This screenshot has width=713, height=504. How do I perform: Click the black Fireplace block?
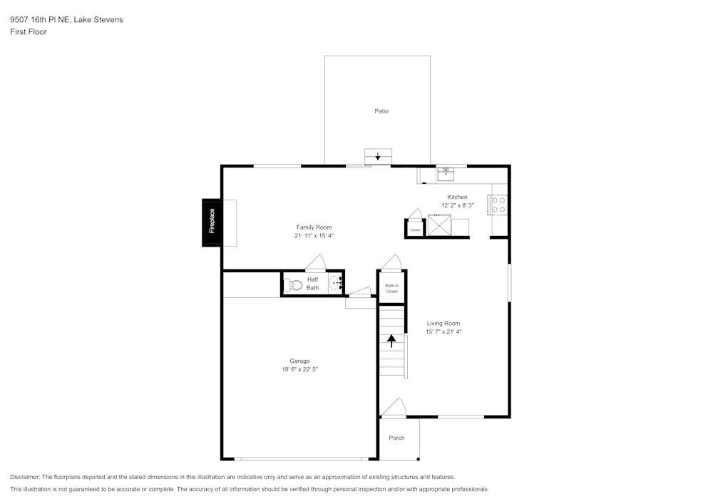tap(212, 222)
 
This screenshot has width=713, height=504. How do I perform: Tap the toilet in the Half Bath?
tap(293, 285)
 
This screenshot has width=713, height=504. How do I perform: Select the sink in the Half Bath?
tap(334, 283)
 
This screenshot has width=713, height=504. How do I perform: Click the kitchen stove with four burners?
tap(498, 205)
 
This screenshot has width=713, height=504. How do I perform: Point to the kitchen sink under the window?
tap(446, 174)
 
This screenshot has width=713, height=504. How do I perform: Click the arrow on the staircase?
tap(391, 341)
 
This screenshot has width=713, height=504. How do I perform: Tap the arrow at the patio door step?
tap(378, 156)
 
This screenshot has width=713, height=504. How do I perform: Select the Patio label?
tap(381, 111)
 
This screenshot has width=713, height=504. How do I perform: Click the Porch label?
tap(396, 438)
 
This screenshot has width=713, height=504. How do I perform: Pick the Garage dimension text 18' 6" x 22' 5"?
tap(299, 369)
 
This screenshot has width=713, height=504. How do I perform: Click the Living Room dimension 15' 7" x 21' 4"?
tap(443, 331)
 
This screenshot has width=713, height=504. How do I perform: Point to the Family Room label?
tap(314, 227)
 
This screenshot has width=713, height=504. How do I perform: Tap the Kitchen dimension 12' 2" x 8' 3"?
tap(458, 205)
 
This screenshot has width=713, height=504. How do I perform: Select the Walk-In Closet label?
tap(391, 289)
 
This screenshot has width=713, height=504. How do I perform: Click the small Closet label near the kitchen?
tap(415, 230)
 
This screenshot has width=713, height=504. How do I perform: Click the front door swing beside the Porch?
tap(394, 407)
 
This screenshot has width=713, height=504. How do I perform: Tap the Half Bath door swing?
tap(316, 262)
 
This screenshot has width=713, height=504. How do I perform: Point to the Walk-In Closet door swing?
tap(391, 262)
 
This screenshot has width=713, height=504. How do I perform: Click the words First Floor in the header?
tap(29, 32)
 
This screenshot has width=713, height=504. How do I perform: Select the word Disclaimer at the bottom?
tap(24, 477)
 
